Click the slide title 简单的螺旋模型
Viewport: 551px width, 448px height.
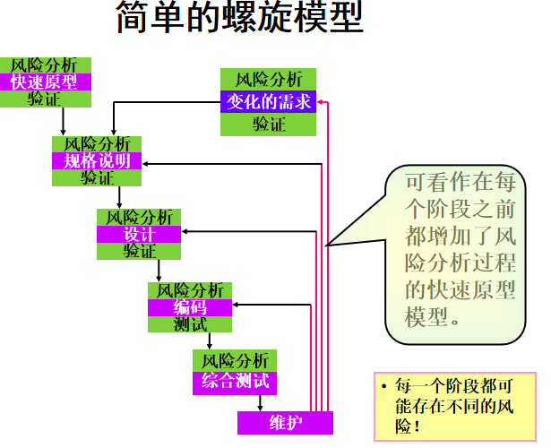239,19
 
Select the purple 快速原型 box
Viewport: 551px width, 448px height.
44,82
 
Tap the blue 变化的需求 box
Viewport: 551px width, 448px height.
268,101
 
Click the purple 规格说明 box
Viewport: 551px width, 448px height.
97,161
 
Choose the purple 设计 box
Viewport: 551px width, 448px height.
139,234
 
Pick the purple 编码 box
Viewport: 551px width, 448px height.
190,307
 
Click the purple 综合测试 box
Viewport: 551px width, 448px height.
235,381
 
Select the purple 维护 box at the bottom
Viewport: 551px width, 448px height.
285,422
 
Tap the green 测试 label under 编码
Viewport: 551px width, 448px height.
190,323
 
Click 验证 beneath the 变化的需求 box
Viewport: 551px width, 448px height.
268,124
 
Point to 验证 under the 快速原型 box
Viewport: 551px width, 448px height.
44,99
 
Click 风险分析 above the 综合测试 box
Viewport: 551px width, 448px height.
235,360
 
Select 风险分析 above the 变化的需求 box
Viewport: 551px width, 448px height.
268,79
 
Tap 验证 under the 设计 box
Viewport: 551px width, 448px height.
139,251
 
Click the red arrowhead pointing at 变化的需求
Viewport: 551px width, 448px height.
321,102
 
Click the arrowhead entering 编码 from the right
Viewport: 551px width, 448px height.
237,307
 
